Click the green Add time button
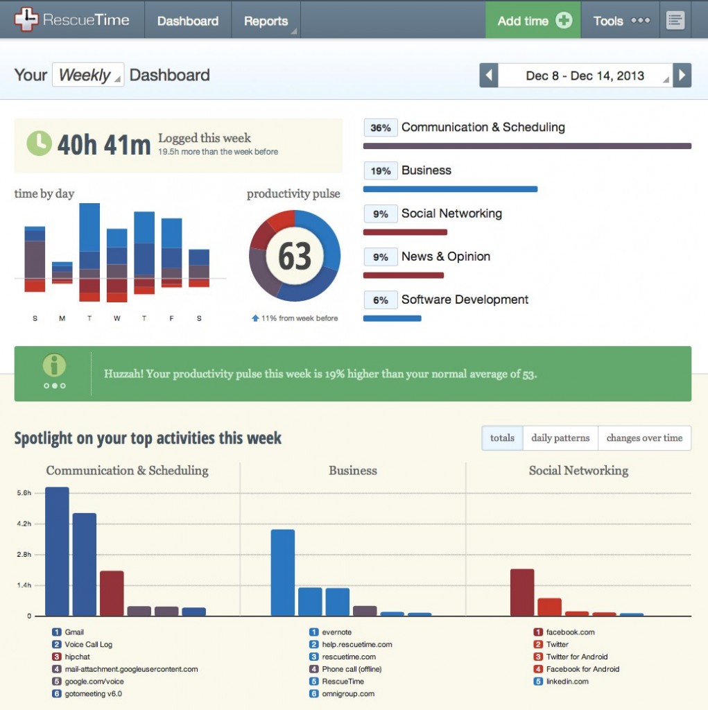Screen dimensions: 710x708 pyautogui.click(x=533, y=21)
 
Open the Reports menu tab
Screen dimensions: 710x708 pyautogui.click(x=266, y=21)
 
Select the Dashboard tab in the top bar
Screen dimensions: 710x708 pyautogui.click(x=187, y=21)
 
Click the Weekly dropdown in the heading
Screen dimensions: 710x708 pyautogui.click(x=87, y=75)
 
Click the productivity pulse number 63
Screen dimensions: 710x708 pyautogui.click(x=295, y=257)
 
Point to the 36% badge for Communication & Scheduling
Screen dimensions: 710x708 pyautogui.click(x=380, y=128)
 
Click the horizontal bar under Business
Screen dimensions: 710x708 pyautogui.click(x=450, y=189)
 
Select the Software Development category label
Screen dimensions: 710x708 pyautogui.click(x=465, y=300)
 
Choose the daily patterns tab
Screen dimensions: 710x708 pyautogui.click(x=560, y=438)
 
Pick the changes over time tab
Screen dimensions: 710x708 pyautogui.click(x=644, y=438)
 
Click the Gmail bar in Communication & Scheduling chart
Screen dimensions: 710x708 pyautogui.click(x=57, y=551)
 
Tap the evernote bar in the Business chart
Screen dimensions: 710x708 pyautogui.click(x=282, y=573)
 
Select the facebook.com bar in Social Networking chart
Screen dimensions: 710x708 pyautogui.click(x=522, y=592)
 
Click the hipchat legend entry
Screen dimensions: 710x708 pyautogui.click(x=77, y=657)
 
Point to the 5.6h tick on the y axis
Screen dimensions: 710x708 pyautogui.click(x=24, y=493)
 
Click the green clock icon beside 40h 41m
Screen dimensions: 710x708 pyautogui.click(x=39, y=143)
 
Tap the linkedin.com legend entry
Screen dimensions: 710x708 pyautogui.click(x=567, y=682)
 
